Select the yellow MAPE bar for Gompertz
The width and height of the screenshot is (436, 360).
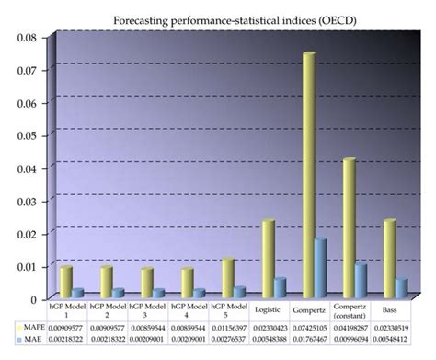click(308, 175)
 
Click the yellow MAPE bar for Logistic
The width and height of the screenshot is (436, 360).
click(268, 259)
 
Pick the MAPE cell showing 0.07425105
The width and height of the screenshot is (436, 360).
click(309, 327)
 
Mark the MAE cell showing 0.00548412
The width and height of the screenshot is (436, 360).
click(389, 339)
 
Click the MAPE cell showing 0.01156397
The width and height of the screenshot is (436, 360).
click(228, 327)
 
